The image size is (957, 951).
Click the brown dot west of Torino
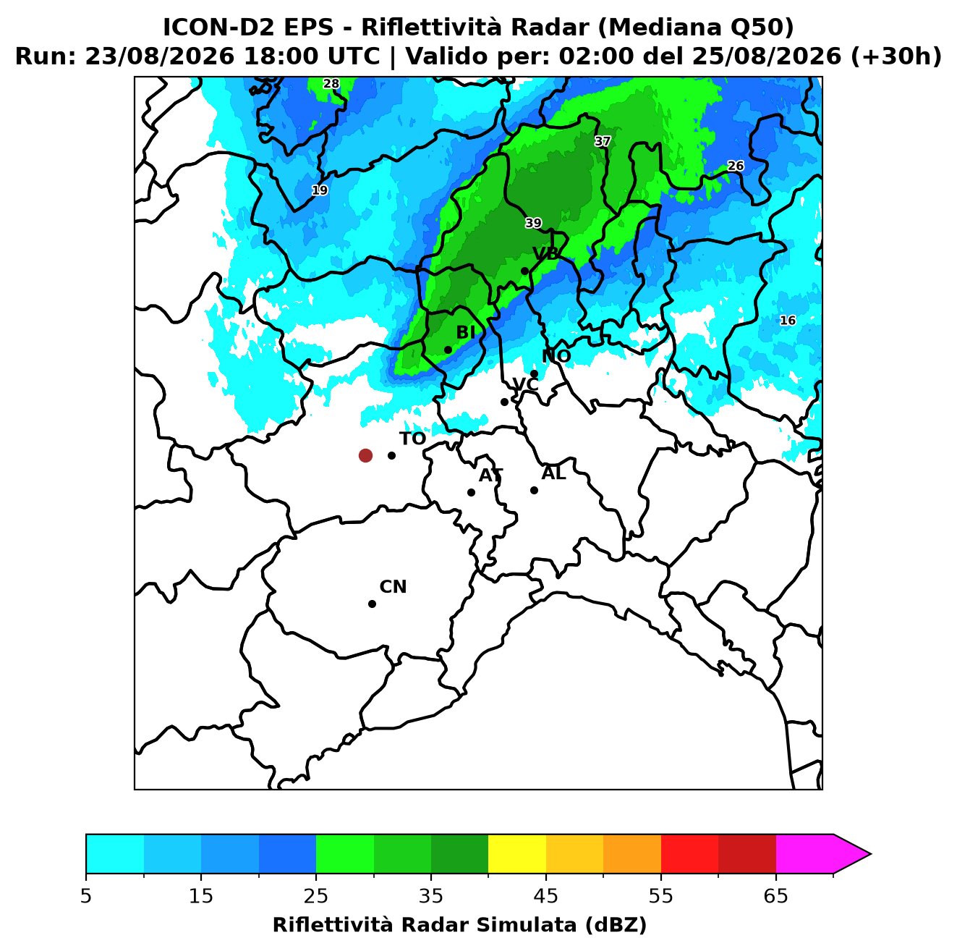tap(365, 455)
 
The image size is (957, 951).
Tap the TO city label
tap(413, 439)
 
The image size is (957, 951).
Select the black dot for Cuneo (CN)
tap(372, 604)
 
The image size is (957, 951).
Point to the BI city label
tap(465, 333)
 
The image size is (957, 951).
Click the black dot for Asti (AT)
tap(471, 492)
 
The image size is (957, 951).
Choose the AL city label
tap(553, 473)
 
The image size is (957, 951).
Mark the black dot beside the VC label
tap(504, 402)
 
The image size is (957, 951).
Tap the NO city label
tap(556, 356)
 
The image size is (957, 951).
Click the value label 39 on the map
tap(533, 223)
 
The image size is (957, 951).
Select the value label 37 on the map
tap(603, 142)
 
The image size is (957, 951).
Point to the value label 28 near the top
tap(331, 84)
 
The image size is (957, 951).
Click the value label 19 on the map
tap(320, 190)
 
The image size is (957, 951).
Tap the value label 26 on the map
tap(736, 166)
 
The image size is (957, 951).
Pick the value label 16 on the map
tap(788, 321)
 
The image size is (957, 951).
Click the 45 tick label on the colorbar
tap(546, 896)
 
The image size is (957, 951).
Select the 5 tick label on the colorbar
tap(86, 896)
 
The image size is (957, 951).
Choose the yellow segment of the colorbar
tap(517, 854)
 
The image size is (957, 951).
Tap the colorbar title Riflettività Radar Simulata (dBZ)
tap(459, 925)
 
